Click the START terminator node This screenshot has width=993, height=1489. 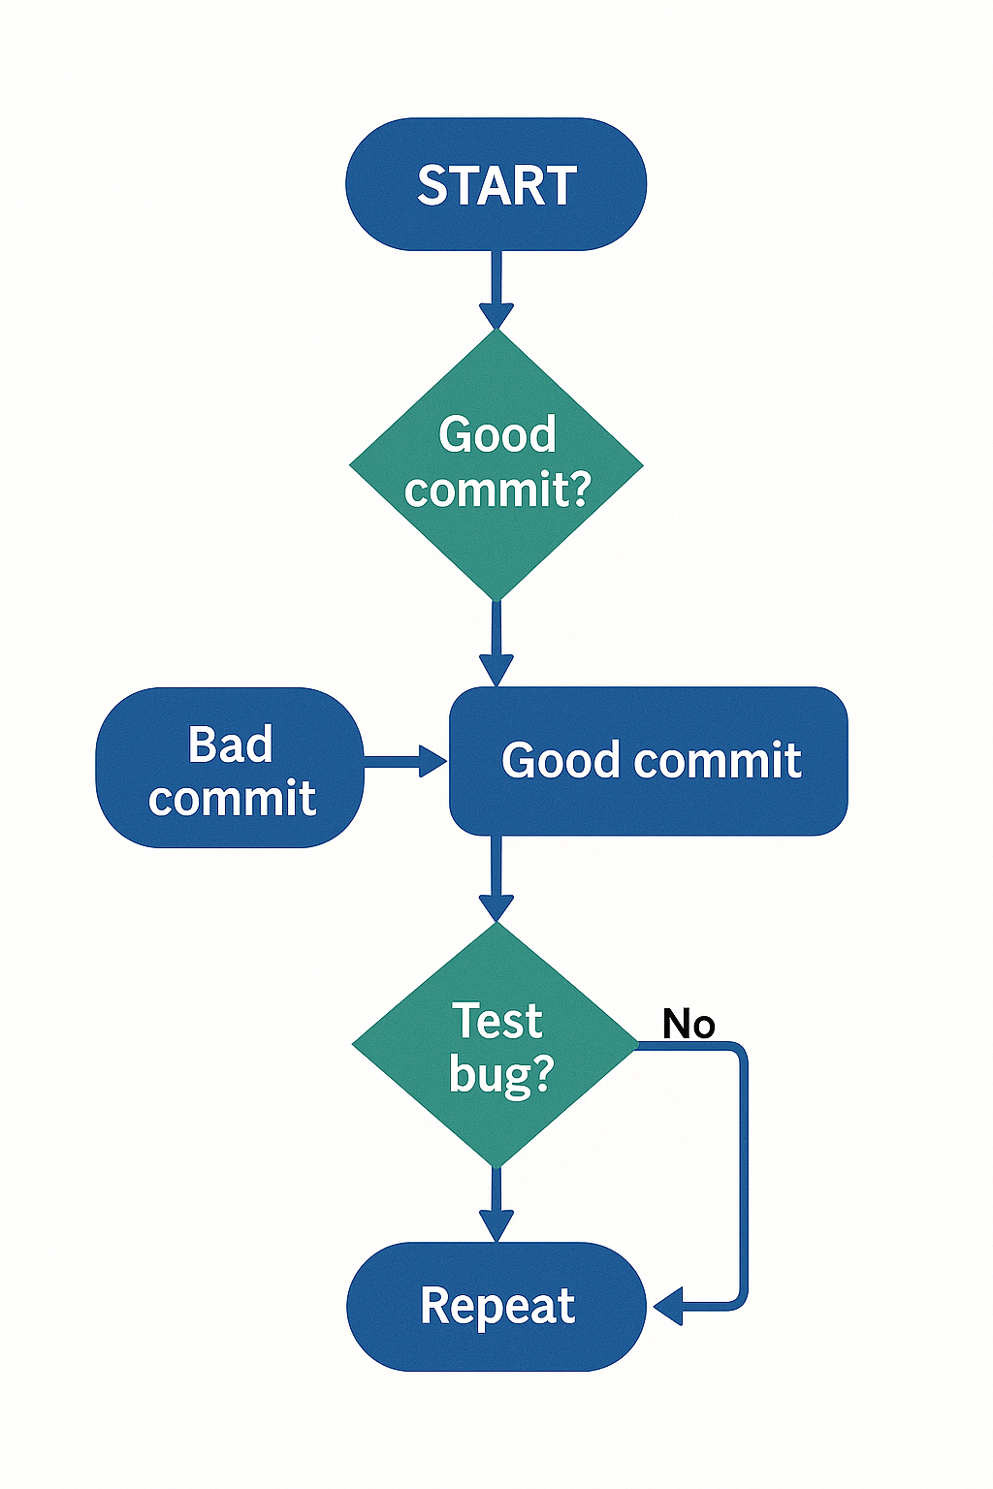(496, 184)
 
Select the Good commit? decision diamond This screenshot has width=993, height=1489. (496, 543)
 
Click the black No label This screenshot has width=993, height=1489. (689, 1024)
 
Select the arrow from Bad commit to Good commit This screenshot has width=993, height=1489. (402, 761)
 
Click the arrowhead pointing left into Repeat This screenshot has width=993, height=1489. (669, 1306)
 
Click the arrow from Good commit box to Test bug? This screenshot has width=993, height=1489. (496, 877)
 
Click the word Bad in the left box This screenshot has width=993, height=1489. (230, 744)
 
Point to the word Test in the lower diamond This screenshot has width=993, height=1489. (497, 1021)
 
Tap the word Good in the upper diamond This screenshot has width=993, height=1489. (496, 433)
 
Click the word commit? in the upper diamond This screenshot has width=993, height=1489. (497, 489)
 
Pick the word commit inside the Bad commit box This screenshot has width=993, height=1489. (232, 799)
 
